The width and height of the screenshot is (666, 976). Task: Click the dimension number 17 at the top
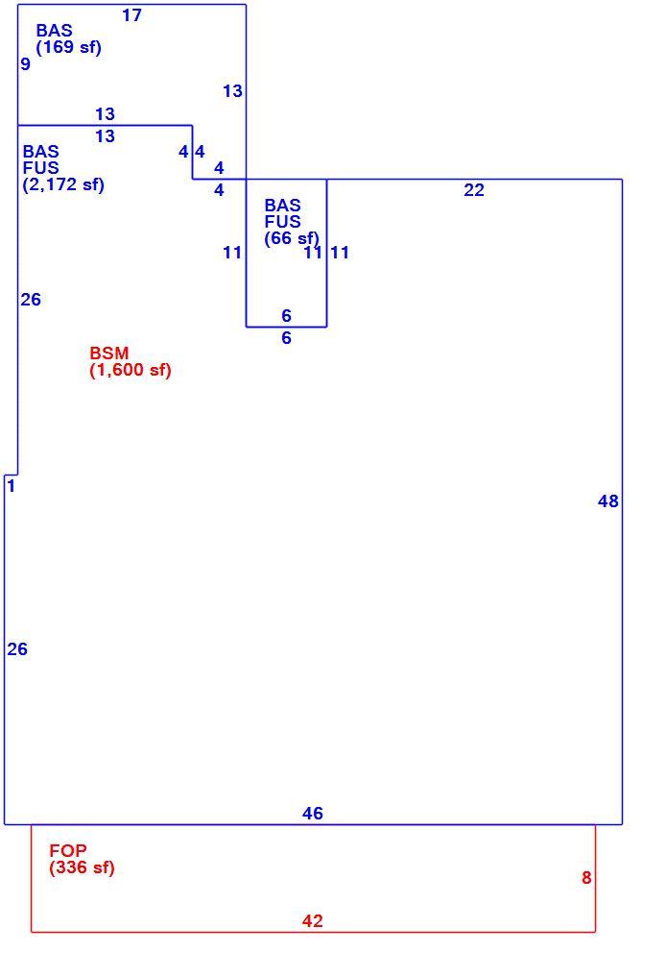(131, 15)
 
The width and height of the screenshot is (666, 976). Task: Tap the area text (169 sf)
(68, 47)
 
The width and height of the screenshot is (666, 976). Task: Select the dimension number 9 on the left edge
(25, 64)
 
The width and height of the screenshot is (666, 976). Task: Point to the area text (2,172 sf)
(63, 184)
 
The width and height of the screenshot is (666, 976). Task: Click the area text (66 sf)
(292, 238)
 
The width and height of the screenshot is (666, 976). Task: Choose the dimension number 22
(474, 190)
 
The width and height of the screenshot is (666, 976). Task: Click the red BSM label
(108, 353)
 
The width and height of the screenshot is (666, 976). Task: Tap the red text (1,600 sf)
(131, 371)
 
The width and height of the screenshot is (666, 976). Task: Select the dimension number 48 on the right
(608, 501)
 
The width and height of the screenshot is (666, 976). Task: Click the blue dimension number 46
(313, 814)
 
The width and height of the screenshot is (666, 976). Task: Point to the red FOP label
(68, 850)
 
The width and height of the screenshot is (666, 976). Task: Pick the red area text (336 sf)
(83, 867)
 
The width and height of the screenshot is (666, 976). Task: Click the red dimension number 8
(586, 878)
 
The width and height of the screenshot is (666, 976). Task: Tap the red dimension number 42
(313, 921)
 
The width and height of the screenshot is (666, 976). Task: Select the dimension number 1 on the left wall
(12, 485)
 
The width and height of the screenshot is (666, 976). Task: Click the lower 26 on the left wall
(17, 649)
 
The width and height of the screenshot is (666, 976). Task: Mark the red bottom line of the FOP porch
(314, 932)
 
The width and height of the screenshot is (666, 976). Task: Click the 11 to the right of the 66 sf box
(340, 253)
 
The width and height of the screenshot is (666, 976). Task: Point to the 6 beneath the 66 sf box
(287, 338)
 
